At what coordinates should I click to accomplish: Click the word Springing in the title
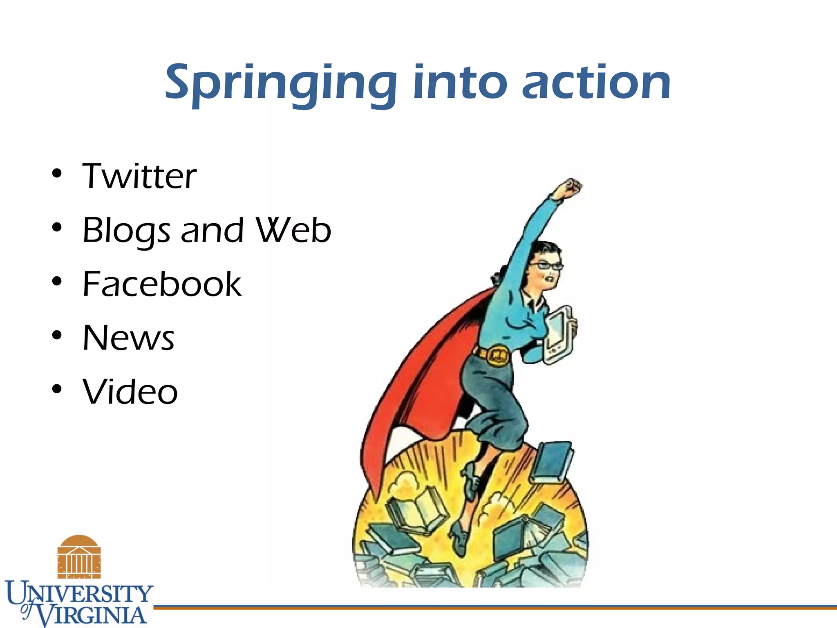(x=281, y=84)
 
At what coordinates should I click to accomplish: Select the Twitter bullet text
(x=139, y=176)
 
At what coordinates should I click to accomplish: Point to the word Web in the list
(x=293, y=230)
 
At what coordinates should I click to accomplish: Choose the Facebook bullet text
(x=162, y=284)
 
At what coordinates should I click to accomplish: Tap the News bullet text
(x=128, y=338)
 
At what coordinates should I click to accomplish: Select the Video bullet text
(x=130, y=392)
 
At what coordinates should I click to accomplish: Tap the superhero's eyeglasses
(x=546, y=266)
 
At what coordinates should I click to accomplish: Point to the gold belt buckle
(x=498, y=355)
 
